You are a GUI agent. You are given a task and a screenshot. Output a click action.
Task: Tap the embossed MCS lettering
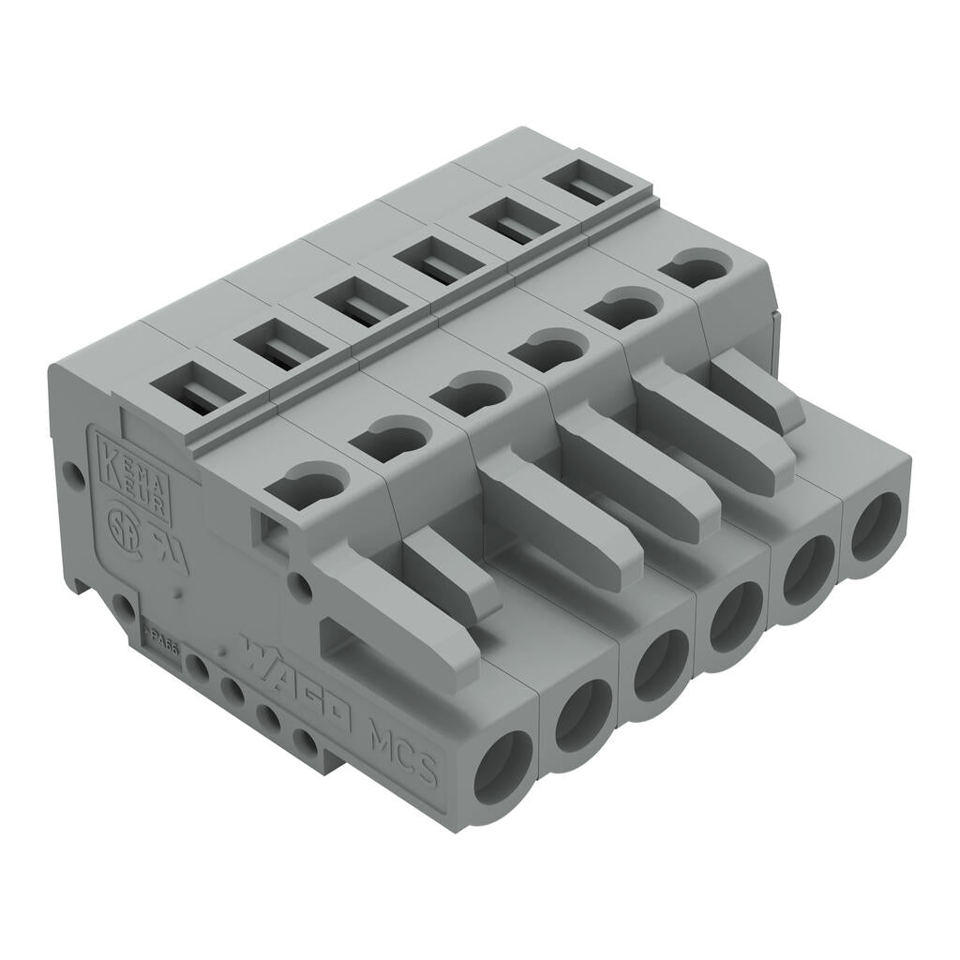[x=403, y=750]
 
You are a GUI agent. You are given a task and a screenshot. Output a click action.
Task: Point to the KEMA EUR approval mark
[x=134, y=478]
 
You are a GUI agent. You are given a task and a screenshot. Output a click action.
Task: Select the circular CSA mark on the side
[x=120, y=521]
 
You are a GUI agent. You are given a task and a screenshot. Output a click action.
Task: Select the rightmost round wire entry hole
[x=876, y=526]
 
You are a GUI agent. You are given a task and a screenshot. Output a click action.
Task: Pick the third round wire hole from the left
[x=660, y=665]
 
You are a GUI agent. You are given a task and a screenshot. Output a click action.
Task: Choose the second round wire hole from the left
[x=583, y=714]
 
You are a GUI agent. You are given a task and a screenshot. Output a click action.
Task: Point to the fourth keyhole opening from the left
[x=549, y=349]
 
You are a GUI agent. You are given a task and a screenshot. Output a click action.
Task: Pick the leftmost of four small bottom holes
[x=197, y=667]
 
